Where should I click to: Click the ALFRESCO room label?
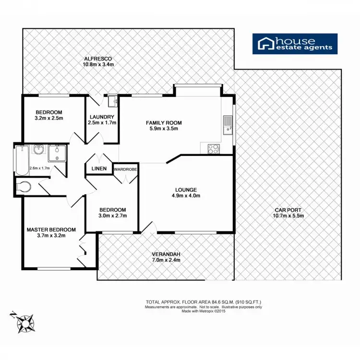tap(98, 58)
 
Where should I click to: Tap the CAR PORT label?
tap(288, 210)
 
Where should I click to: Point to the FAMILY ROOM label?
tap(164, 123)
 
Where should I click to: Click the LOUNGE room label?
tap(186, 189)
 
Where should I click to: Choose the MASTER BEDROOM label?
tap(51, 229)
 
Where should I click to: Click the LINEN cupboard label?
tap(99, 168)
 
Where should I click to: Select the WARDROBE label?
tap(125, 168)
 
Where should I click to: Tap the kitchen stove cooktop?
tap(213, 149)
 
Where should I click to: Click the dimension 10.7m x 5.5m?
tap(288, 216)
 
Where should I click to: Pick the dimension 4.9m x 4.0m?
tap(186, 195)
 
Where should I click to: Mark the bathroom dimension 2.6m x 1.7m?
tap(40, 168)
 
